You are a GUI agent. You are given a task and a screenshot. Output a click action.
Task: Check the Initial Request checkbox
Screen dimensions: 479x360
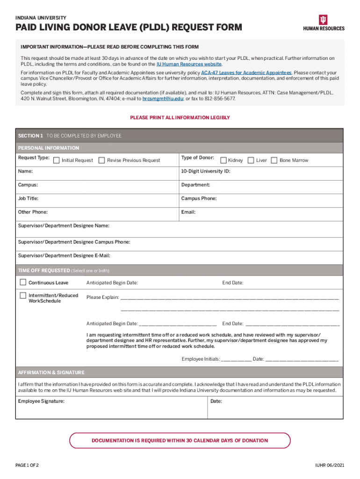click(57, 160)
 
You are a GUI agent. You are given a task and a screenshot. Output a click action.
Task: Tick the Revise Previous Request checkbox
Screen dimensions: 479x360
click(102, 160)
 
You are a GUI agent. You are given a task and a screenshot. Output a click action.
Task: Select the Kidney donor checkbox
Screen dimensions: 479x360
click(223, 160)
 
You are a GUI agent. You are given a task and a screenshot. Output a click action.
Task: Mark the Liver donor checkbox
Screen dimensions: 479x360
click(251, 160)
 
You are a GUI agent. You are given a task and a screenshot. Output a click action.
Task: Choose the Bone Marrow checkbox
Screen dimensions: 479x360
click(274, 160)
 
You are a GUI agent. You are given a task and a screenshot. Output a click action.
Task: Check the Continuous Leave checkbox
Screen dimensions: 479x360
click(23, 283)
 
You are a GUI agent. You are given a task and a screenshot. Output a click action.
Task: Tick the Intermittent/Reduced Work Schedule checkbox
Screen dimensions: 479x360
click(23, 296)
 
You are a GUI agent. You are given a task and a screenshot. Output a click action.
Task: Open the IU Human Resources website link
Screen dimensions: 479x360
click(189, 64)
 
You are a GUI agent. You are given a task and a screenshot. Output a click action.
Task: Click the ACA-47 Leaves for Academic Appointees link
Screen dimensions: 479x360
click(246, 73)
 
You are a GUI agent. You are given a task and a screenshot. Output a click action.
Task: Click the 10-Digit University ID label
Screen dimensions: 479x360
click(206, 171)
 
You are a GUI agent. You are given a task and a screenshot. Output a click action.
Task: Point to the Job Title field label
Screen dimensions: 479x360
click(28, 198)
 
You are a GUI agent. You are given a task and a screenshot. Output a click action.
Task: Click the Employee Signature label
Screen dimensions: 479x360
click(41, 401)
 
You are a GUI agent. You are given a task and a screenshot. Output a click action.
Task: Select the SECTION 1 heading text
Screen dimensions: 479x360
click(30, 136)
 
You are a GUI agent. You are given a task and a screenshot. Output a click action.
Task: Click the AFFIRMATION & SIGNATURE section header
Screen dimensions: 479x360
click(51, 372)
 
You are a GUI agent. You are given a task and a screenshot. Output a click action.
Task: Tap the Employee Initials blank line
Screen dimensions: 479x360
click(236, 359)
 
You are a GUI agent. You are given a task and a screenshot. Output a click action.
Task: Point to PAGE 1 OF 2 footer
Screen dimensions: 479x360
click(27, 465)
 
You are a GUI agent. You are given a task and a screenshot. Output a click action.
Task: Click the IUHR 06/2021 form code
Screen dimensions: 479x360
click(330, 465)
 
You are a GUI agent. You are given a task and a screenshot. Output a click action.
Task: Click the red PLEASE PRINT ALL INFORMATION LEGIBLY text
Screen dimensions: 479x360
click(180, 118)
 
